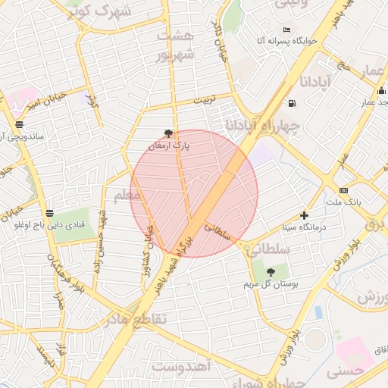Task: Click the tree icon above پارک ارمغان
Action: tap(168, 133)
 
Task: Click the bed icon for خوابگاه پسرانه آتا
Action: tap(286, 30)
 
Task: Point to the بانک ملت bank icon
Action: tap(344, 190)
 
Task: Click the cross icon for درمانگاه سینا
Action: tap(305, 215)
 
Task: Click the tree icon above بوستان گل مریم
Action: tap(271, 272)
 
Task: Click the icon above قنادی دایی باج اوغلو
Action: tap(50, 213)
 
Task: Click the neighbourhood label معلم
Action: tap(126, 197)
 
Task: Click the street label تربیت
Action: tap(204, 99)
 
